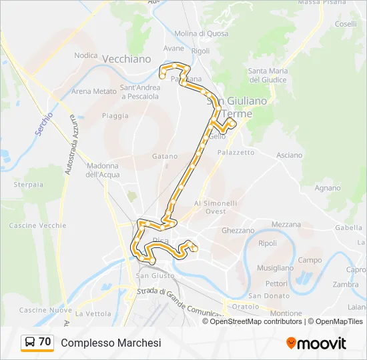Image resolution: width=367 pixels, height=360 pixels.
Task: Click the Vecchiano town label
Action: [x=127, y=59]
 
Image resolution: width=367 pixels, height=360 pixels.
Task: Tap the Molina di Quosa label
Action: [x=201, y=33]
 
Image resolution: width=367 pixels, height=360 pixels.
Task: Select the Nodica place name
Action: [x=86, y=55]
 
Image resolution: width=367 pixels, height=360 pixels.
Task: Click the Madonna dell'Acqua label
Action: [x=102, y=170]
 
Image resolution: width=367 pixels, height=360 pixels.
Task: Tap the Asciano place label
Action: [x=289, y=155]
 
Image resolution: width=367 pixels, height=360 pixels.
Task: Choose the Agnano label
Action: [x=328, y=188]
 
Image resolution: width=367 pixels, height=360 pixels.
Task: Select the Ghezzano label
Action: [x=238, y=231]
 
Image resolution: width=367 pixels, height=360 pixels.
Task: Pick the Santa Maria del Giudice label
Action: [x=268, y=75]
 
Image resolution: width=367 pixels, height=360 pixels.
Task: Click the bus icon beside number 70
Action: [x=30, y=343]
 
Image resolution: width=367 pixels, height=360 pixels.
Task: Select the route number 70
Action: [x=45, y=342]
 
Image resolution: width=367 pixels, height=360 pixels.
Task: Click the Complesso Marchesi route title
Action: [x=111, y=343]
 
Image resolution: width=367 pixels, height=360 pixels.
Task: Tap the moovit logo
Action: [x=316, y=343]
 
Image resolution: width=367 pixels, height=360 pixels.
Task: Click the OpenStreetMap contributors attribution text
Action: [x=256, y=321]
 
